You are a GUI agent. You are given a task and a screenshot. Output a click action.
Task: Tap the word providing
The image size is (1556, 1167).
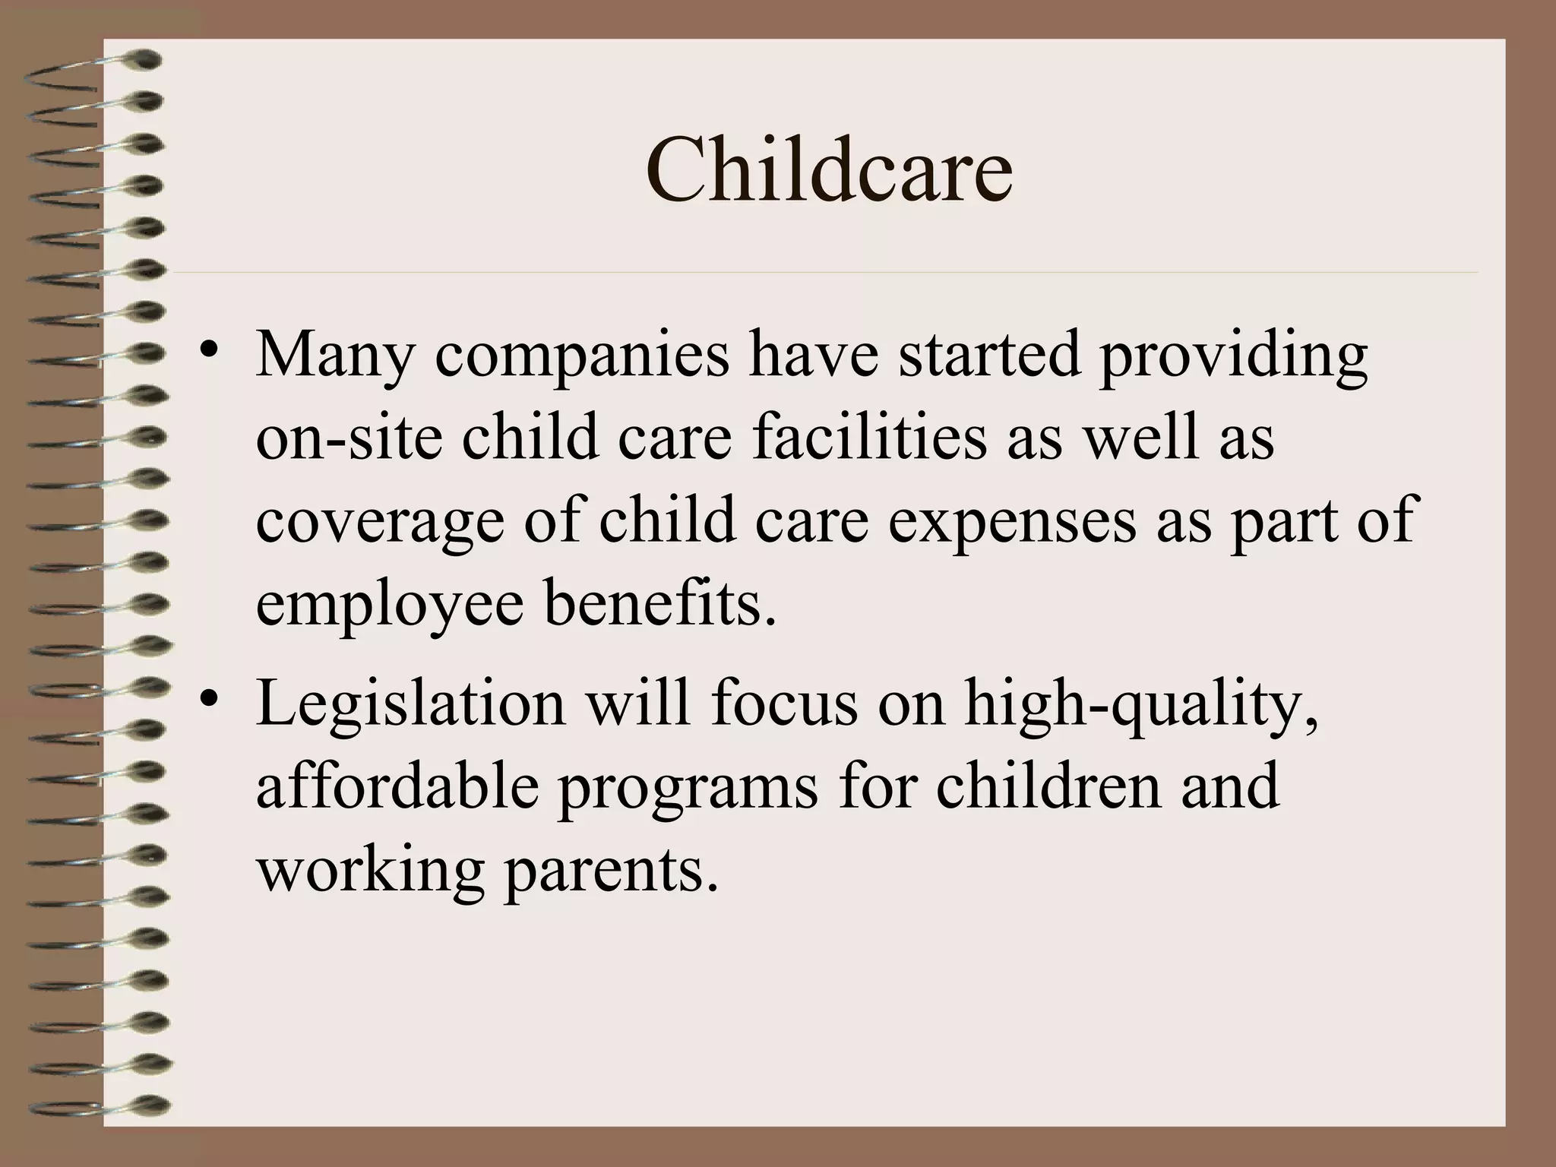tap(1233, 357)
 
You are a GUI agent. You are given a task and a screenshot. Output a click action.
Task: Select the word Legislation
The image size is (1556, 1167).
tap(411, 704)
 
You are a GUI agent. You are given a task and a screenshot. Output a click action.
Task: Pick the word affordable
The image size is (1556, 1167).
tap(397, 786)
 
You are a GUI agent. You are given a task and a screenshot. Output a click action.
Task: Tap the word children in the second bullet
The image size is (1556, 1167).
tap(1048, 786)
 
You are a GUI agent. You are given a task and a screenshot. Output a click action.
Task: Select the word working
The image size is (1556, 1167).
tap(370, 871)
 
